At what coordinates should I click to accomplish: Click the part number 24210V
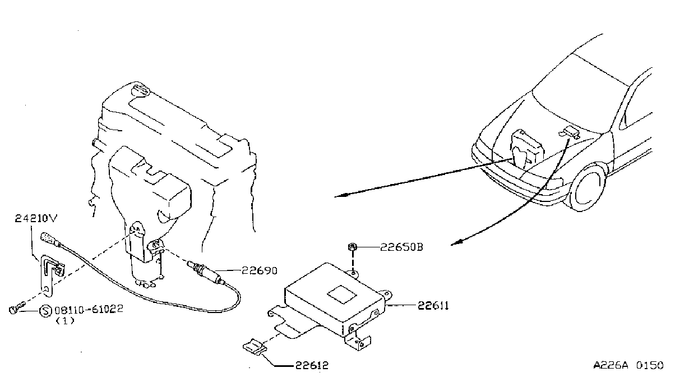(x=36, y=218)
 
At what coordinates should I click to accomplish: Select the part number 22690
(x=260, y=270)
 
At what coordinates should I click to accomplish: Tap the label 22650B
(x=402, y=247)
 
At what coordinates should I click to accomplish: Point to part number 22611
(x=433, y=306)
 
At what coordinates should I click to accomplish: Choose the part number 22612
(x=312, y=365)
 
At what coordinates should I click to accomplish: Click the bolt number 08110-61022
(x=89, y=309)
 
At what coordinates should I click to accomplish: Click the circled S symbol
(x=45, y=311)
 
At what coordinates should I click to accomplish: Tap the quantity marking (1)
(x=65, y=321)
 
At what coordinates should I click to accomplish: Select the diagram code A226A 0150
(x=628, y=365)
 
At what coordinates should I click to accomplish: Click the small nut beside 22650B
(x=353, y=247)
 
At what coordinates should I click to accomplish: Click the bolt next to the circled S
(x=16, y=307)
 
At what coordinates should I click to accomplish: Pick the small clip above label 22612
(x=255, y=347)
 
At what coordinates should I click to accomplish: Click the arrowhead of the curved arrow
(x=457, y=243)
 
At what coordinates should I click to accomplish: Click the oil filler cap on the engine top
(x=140, y=91)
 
